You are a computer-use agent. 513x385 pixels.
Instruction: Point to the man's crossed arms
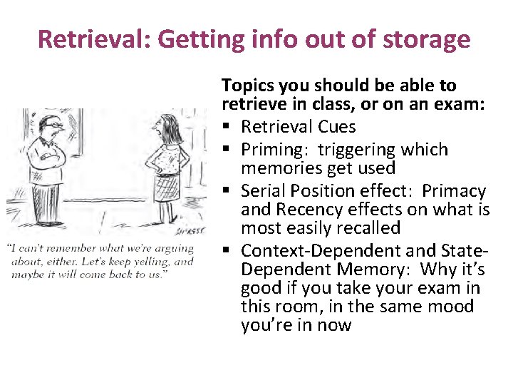48,155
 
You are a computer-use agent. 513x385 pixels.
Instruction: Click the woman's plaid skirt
167,188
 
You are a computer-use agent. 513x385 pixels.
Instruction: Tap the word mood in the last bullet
450,307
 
